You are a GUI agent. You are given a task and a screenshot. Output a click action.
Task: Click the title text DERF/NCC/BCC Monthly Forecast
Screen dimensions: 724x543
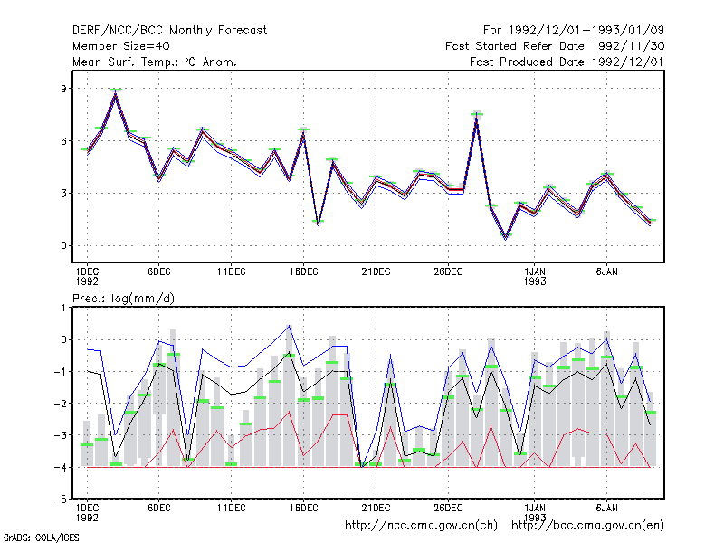169,31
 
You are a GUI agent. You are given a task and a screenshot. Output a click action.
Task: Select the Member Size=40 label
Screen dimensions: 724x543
121,46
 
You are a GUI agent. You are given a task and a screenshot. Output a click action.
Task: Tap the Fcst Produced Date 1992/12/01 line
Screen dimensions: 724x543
567,62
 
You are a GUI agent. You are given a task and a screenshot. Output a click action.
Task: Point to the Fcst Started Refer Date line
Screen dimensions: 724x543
555,46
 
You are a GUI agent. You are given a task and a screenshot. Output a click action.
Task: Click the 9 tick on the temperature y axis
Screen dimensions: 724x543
63,88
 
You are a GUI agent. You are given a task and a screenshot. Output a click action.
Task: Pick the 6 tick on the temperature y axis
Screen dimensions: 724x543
63,141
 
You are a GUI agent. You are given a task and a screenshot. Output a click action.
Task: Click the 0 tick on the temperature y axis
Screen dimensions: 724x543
63,245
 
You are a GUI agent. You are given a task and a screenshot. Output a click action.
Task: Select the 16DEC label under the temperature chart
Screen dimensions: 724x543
304,272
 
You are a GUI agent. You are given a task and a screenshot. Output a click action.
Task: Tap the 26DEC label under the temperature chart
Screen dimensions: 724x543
448,272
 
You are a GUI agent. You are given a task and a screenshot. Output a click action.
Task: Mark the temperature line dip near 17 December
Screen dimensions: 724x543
319,224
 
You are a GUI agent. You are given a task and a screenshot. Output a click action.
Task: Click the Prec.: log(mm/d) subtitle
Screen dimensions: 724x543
123,299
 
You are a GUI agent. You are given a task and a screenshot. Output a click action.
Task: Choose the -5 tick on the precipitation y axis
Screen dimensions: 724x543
61,500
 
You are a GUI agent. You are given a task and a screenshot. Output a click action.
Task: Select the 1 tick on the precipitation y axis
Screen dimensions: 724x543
63,308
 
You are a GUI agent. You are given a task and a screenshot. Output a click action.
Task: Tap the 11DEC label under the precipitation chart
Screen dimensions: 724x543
232,508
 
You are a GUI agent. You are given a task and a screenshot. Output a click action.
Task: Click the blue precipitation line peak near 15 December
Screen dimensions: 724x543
290,326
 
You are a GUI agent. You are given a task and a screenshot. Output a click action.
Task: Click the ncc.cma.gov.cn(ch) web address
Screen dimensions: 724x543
421,526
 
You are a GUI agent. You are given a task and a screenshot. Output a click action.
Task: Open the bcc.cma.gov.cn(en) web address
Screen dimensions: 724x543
587,526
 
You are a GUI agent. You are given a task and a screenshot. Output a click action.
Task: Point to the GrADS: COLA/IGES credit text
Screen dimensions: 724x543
42,538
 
